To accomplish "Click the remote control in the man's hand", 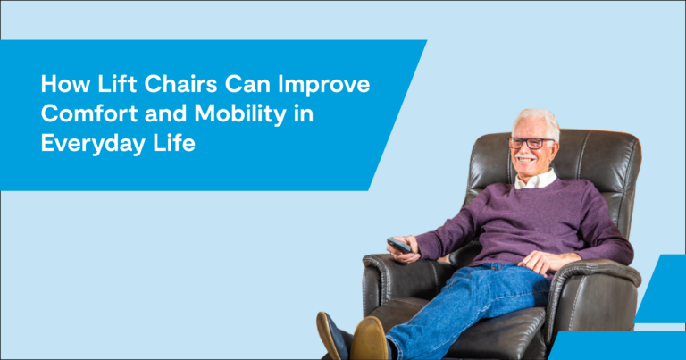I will [x=398, y=245].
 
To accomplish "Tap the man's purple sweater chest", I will [x=527, y=214].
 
